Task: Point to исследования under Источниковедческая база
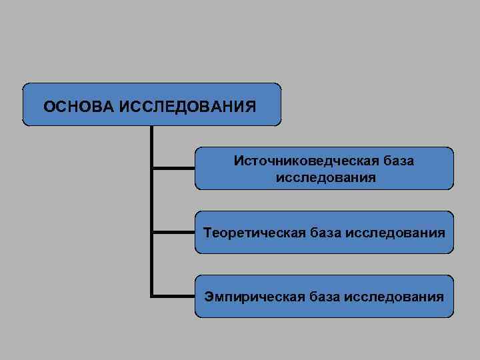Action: click(x=325, y=178)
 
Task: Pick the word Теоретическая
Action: click(x=253, y=233)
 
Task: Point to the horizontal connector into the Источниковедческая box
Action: click(x=173, y=169)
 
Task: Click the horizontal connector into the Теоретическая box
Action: click(x=173, y=232)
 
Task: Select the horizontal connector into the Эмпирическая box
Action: click(x=173, y=295)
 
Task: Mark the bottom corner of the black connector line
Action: click(x=153, y=295)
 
